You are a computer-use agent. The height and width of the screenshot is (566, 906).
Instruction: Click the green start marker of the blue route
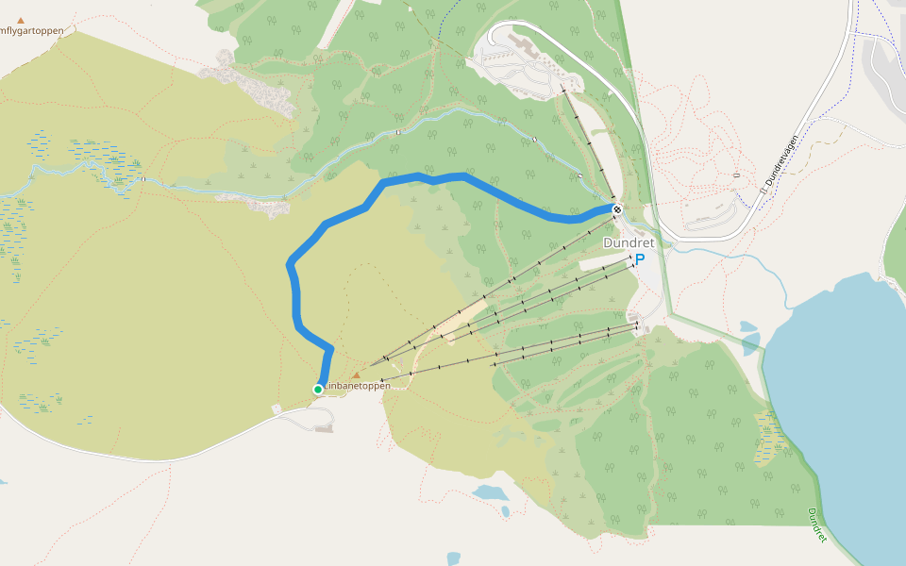click(x=319, y=389)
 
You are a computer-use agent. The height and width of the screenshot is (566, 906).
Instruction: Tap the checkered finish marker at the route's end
click(x=616, y=209)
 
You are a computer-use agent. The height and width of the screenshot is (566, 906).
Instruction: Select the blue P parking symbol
click(x=640, y=259)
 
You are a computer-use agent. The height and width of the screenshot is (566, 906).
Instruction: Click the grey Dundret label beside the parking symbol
click(x=629, y=242)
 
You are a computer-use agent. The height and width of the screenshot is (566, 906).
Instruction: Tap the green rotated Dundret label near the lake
click(x=817, y=525)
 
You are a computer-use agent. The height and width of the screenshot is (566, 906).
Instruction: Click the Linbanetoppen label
click(x=359, y=386)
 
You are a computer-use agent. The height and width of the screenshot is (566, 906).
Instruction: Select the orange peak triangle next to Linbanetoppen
click(x=356, y=375)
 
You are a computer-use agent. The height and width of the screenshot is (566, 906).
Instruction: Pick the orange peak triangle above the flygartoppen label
click(x=21, y=20)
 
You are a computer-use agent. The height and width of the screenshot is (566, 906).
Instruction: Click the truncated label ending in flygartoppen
click(x=32, y=31)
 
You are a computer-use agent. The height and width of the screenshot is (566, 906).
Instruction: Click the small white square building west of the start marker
click(x=277, y=408)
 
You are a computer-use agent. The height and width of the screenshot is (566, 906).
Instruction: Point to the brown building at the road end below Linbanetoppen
click(x=324, y=429)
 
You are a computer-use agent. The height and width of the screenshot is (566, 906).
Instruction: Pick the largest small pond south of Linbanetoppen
click(x=490, y=492)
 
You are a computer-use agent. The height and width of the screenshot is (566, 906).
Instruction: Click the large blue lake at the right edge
click(x=840, y=396)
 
